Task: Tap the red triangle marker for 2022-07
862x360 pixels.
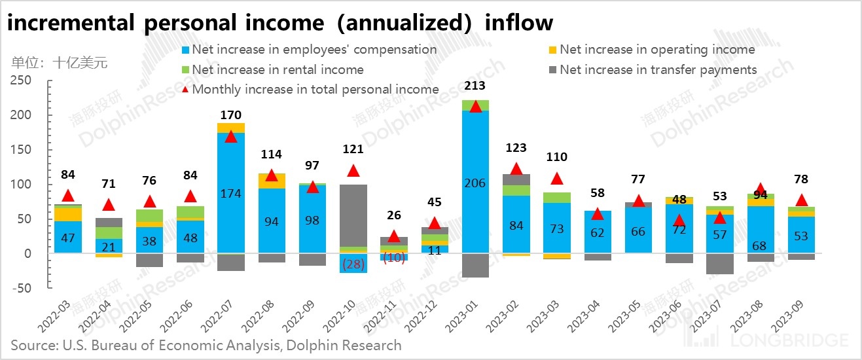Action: click(231, 137)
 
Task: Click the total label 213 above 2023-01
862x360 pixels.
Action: click(476, 85)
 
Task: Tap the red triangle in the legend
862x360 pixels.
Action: click(185, 90)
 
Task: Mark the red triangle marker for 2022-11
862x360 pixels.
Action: click(394, 236)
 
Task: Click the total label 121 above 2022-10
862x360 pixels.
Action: click(353, 150)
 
